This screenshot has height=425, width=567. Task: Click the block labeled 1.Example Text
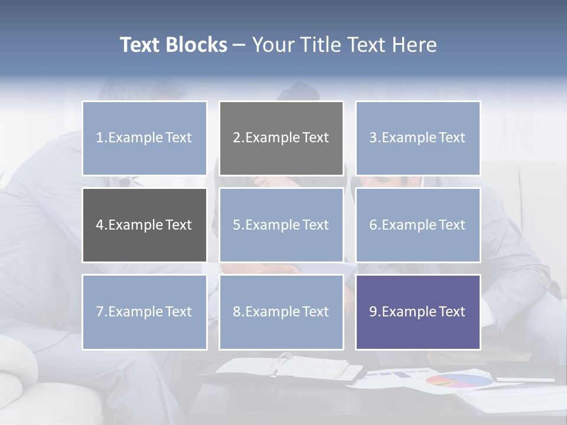click(144, 138)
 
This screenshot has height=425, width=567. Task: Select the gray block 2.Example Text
click(281, 138)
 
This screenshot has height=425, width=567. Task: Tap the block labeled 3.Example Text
click(418, 138)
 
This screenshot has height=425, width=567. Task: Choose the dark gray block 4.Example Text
click(144, 225)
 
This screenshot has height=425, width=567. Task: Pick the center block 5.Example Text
click(281, 225)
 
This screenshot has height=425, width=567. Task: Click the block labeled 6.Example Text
click(418, 225)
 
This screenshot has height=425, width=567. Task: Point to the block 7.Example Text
click(144, 312)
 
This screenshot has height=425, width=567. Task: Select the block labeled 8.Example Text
click(281, 312)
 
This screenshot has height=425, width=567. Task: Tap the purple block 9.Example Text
click(418, 312)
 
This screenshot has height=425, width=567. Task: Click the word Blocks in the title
click(197, 45)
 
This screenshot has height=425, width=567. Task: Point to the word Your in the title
click(273, 45)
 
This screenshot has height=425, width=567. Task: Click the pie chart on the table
click(459, 381)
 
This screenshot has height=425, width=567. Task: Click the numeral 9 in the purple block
click(373, 312)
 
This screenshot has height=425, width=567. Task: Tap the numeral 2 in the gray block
click(236, 138)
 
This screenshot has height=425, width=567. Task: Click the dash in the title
click(239, 45)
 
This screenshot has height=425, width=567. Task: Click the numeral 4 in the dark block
click(100, 225)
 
